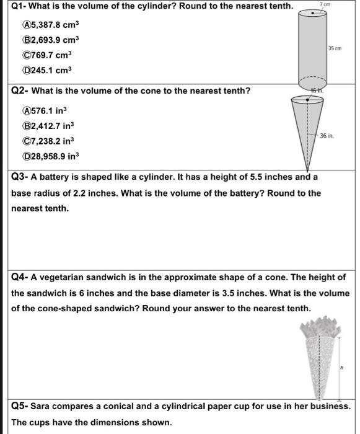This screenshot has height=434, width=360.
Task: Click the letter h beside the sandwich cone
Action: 341,368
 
